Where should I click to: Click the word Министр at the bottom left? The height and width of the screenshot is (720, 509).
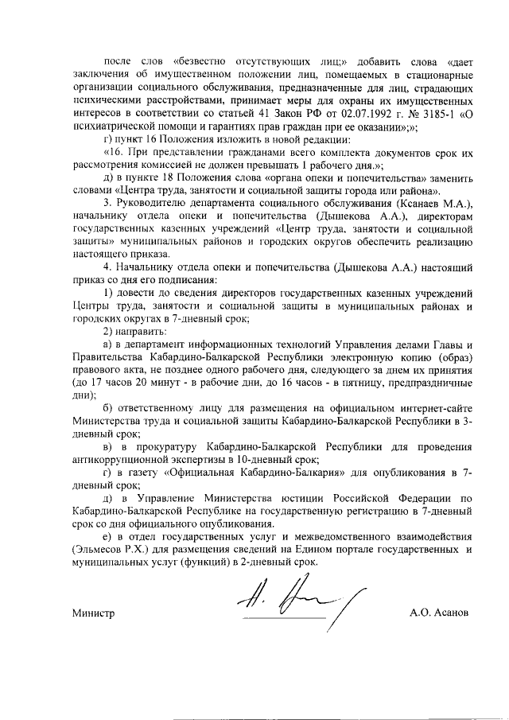[93, 613]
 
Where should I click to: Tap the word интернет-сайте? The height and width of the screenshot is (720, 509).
[434, 409]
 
